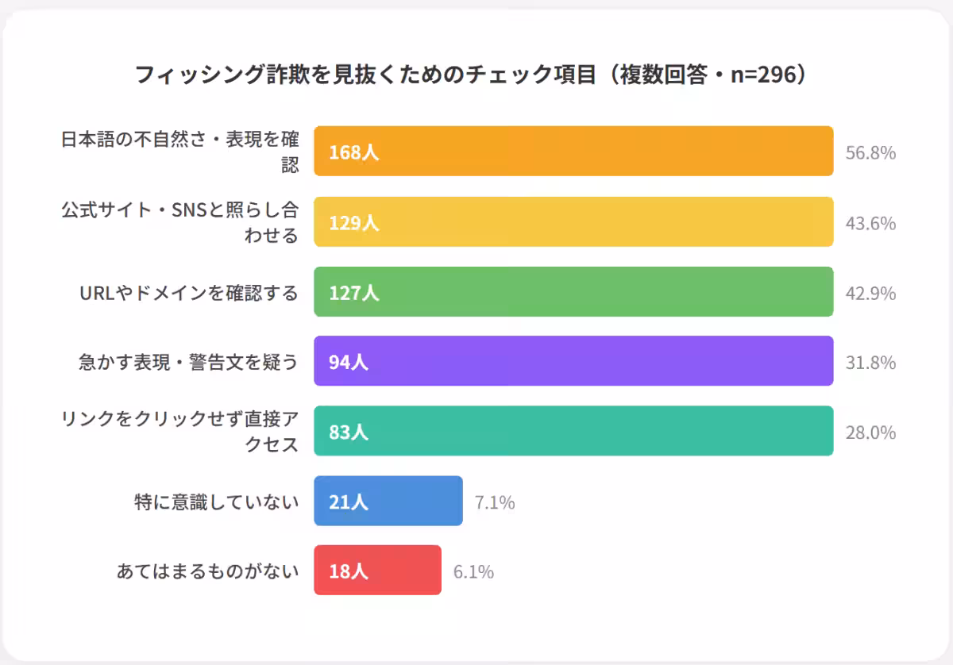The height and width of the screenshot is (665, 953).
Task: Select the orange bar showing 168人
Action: click(x=573, y=151)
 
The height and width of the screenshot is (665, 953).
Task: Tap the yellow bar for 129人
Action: click(x=573, y=222)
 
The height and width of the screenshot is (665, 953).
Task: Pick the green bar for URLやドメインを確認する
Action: click(x=573, y=292)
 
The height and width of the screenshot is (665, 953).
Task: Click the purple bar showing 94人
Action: click(x=573, y=361)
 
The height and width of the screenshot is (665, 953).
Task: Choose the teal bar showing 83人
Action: click(x=573, y=431)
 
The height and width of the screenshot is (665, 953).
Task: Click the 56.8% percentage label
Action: click(x=870, y=152)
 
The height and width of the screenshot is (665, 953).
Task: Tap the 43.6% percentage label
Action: click(x=870, y=224)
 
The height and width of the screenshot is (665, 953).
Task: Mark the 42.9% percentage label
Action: click(x=870, y=294)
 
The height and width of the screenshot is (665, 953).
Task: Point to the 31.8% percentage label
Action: click(x=870, y=363)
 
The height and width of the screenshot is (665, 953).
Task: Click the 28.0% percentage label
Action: click(x=870, y=432)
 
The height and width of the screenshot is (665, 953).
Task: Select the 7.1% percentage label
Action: click(x=495, y=502)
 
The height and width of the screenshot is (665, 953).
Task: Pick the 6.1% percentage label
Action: click(x=473, y=571)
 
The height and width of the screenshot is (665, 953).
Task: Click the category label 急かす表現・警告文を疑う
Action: click(x=188, y=362)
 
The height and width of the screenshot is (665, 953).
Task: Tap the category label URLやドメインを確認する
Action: click(x=188, y=293)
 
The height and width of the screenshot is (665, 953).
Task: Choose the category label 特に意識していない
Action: click(x=216, y=502)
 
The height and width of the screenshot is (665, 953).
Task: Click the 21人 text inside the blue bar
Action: click(x=349, y=502)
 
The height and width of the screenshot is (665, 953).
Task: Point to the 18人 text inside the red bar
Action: click(x=349, y=571)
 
